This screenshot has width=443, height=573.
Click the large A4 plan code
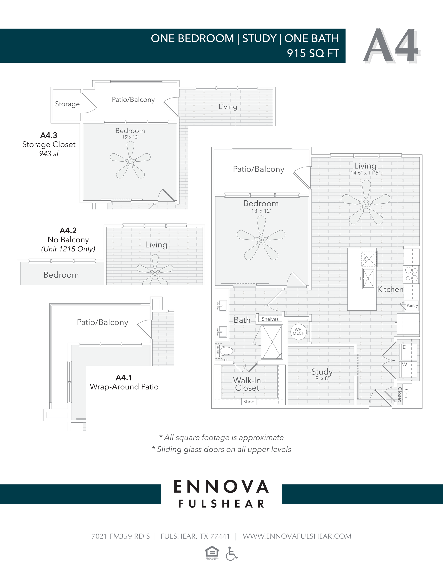[x=391, y=46]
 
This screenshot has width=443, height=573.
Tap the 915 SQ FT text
[x=313, y=53]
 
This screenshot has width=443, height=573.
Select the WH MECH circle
[x=299, y=332]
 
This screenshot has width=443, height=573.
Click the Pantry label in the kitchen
[x=412, y=305]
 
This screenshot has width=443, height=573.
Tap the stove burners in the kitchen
[x=411, y=274]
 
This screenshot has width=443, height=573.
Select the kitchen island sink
[x=368, y=278]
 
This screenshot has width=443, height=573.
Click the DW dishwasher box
[x=369, y=259]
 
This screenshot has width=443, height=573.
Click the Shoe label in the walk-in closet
[x=249, y=402]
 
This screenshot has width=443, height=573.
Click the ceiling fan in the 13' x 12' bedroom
[x=261, y=240]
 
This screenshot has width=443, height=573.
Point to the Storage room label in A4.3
[x=67, y=104]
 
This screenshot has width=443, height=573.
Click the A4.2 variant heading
[x=68, y=230]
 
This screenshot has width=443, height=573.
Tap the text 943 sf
[x=49, y=154]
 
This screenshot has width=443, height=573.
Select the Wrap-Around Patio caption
[x=124, y=387]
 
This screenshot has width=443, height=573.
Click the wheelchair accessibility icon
[x=231, y=553]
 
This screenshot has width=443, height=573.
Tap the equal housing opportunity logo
[x=212, y=553]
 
